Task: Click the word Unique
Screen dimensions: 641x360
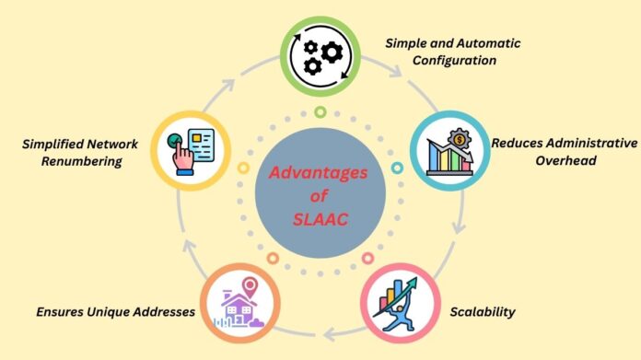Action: click(x=99, y=312)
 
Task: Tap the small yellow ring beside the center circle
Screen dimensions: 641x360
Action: click(x=243, y=168)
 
